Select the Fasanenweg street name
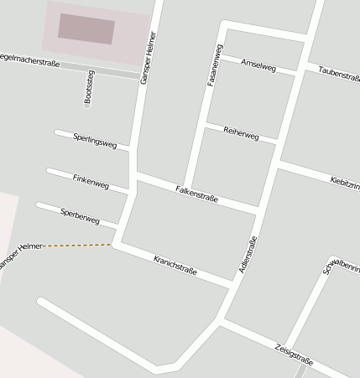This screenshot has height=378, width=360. tap(215, 65)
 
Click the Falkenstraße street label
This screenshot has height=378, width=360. tap(196, 194)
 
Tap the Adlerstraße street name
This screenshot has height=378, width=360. tap(248, 256)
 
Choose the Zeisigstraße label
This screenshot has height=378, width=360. tap(294, 354)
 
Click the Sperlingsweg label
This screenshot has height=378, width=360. tap(95, 140)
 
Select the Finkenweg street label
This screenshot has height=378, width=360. tap(91, 181)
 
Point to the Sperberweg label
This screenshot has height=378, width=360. tap(80, 215)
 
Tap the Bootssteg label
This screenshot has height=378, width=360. tap(90, 88)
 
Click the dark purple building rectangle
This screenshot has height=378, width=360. tap(86, 28)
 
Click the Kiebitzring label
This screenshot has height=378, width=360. tap(345, 182)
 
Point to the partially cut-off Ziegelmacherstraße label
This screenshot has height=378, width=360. tap(30, 60)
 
